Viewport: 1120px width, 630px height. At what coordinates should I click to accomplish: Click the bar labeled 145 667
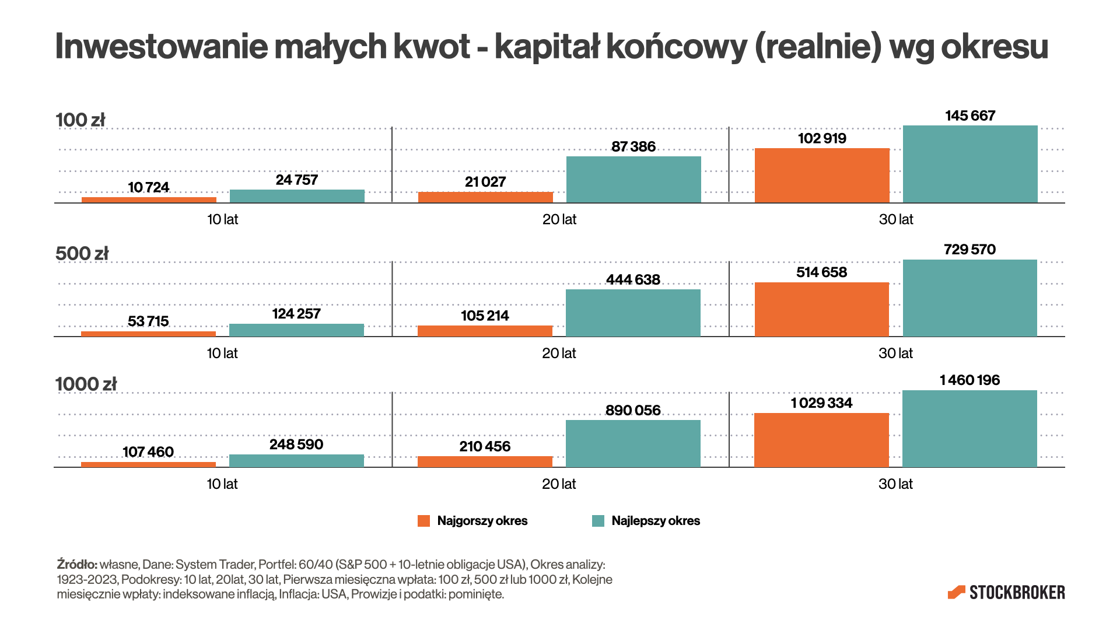[970, 164]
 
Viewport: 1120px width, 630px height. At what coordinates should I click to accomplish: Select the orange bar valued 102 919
[822, 176]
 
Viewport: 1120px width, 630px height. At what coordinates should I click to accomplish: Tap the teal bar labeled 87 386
[633, 180]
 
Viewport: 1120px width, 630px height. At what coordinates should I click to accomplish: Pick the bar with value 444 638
[633, 313]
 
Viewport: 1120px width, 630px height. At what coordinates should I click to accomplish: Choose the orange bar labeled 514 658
[821, 309]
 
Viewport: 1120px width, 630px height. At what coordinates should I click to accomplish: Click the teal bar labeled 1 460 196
[970, 429]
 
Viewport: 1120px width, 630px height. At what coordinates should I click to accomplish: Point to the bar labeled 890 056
[633, 443]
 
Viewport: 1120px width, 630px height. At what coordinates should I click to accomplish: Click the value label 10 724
[148, 187]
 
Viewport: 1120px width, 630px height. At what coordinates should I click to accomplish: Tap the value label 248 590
[296, 444]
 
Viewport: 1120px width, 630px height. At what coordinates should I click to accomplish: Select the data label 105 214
[485, 316]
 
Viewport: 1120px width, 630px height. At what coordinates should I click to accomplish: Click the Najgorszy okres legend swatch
[423, 521]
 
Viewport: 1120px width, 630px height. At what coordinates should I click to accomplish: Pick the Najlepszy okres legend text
[656, 521]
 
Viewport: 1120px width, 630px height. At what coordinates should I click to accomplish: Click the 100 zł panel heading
[80, 120]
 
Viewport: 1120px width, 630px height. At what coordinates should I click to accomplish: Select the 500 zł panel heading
[82, 254]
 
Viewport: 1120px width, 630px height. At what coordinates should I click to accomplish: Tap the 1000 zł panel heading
[86, 384]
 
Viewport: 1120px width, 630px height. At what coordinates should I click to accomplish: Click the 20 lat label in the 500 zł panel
[559, 353]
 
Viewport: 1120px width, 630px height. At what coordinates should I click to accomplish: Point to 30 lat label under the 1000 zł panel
[895, 484]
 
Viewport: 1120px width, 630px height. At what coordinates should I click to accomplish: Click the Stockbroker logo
[1006, 593]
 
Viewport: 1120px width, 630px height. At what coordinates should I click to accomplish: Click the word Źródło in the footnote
[77, 565]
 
